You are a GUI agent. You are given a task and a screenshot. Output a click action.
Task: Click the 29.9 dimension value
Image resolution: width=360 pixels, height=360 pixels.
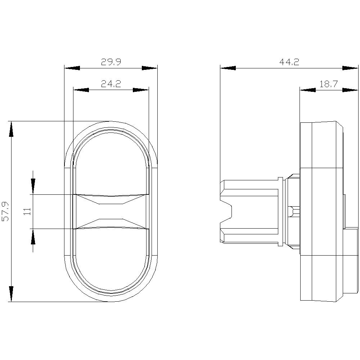click(111, 62)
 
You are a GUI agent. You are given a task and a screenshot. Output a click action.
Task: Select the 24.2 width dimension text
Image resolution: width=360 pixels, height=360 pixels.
click(111, 84)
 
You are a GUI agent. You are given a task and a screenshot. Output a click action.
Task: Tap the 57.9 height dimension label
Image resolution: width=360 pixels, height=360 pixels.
click(5, 211)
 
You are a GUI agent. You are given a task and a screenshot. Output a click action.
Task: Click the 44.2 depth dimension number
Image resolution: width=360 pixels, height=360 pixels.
click(289, 62)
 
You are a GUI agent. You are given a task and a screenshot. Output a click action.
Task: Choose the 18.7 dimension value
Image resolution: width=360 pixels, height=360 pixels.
click(328, 84)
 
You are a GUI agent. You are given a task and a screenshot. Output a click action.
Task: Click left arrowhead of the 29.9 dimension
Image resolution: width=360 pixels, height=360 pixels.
click(71, 68)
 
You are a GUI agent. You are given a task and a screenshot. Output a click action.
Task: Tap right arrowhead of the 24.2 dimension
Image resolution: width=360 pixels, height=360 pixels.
click(141, 90)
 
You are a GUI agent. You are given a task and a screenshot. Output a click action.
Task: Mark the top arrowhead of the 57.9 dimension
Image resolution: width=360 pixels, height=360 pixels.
click(11, 130)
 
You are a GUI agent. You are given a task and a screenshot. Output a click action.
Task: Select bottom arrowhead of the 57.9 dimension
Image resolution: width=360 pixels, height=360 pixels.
click(11, 293)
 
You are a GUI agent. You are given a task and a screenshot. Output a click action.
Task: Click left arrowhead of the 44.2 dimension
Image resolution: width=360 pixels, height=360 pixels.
click(228, 68)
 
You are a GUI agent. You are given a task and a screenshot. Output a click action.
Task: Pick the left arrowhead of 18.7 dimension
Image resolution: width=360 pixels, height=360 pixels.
click(307, 90)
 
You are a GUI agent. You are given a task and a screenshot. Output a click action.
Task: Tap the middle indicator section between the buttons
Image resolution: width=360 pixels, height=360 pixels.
click(111, 212)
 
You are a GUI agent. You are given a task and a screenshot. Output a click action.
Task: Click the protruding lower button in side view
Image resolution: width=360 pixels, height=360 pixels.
click(351, 259)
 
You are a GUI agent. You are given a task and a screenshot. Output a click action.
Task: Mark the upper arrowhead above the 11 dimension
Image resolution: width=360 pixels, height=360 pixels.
click(33, 186)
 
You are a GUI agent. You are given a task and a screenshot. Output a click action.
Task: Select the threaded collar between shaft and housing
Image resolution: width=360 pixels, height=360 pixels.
click(294, 212)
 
